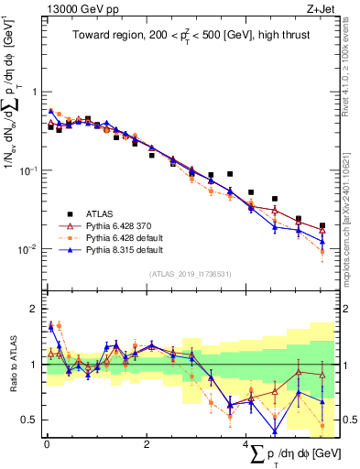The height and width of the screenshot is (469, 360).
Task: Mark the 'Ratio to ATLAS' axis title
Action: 11,365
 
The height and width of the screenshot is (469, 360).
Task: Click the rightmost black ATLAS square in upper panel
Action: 322,225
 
